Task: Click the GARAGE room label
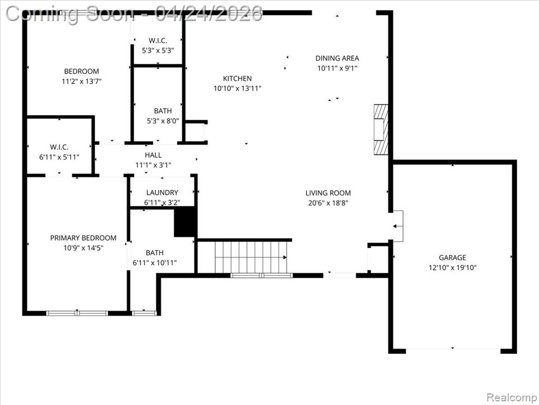point(452,257)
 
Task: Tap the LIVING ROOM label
point(328,193)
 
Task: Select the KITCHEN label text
point(237,78)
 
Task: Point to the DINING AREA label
point(337,58)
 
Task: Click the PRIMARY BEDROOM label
point(83,238)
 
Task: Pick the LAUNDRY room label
point(162,192)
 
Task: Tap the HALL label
point(153,155)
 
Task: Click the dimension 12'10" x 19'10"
point(452,267)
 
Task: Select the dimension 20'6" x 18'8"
point(328,203)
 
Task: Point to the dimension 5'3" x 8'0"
point(163,121)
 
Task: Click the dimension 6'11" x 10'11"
point(155,263)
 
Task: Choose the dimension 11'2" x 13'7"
point(82,81)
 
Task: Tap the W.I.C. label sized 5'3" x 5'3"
point(158,40)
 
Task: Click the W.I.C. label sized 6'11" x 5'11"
point(59,147)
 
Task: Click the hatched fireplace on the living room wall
point(381,130)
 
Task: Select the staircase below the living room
point(251,257)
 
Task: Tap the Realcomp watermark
point(511,397)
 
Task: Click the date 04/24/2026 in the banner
point(208,14)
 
